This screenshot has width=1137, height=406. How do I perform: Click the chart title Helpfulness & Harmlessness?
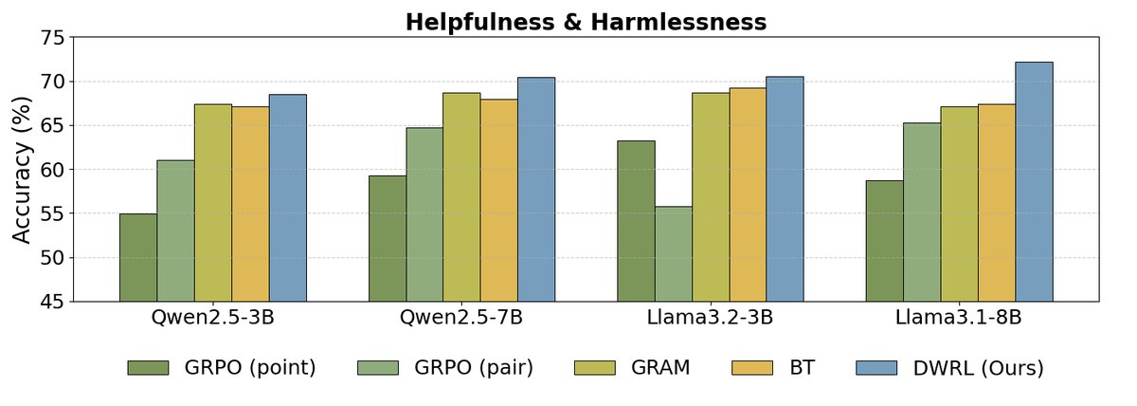(x=586, y=22)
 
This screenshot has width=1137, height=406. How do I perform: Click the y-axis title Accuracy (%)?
(x=24, y=169)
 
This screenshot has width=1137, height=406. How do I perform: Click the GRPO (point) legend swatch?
(x=148, y=368)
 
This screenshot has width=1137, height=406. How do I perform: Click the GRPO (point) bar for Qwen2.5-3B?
(x=138, y=258)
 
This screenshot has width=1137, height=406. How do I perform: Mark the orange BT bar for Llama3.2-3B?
(x=748, y=194)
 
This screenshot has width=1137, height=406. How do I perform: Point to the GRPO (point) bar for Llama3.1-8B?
(x=884, y=241)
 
